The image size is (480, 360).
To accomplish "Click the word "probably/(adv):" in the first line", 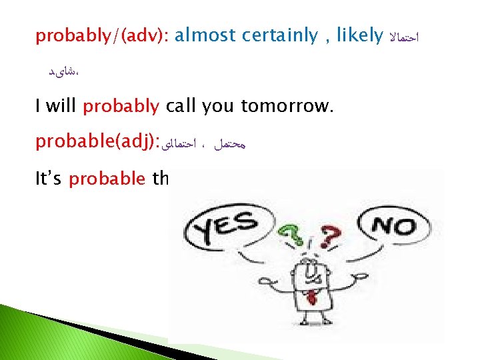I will [x=102, y=36].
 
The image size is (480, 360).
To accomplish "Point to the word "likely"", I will [x=359, y=36].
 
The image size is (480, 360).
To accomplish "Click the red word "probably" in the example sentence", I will [x=121, y=106].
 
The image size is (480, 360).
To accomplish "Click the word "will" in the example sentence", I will [x=62, y=106].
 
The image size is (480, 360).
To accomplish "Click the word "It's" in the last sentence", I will [x=49, y=179].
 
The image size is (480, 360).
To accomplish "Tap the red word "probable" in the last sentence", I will [x=106, y=179].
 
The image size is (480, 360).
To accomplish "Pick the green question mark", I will [x=288, y=234].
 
